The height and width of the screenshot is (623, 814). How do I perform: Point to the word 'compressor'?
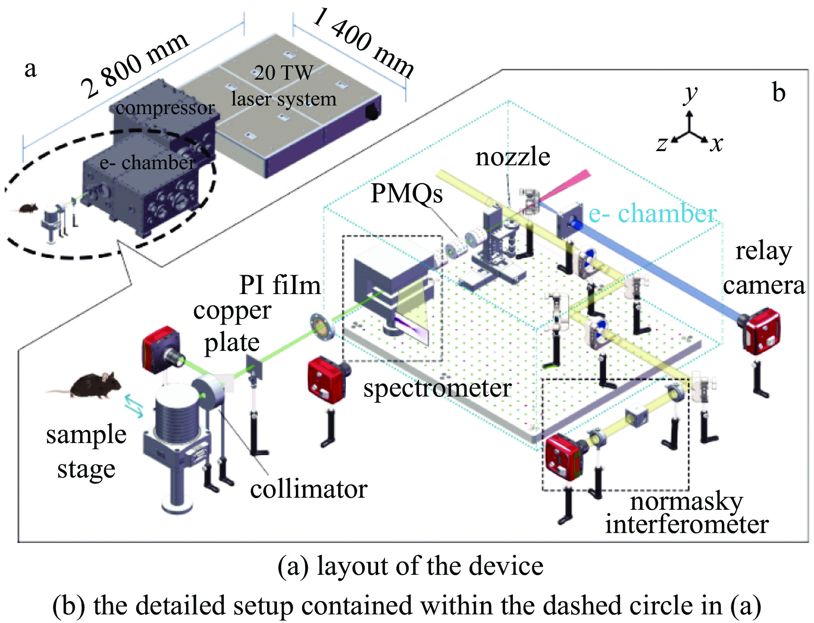[x=165, y=108]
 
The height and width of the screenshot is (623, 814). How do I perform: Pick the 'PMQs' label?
[x=407, y=193]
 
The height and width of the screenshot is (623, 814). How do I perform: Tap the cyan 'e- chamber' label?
[x=652, y=214]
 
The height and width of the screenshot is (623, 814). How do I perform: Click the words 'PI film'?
[x=280, y=285]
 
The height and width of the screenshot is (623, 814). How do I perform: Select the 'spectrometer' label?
[x=437, y=388]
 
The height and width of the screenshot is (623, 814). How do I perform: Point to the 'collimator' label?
[x=308, y=489]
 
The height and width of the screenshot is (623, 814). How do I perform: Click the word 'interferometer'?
[x=687, y=524]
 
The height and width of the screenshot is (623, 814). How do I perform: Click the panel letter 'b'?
[x=779, y=93]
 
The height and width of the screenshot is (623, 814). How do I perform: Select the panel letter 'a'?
[x=30, y=69]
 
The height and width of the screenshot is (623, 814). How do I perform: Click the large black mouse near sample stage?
[x=93, y=385]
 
